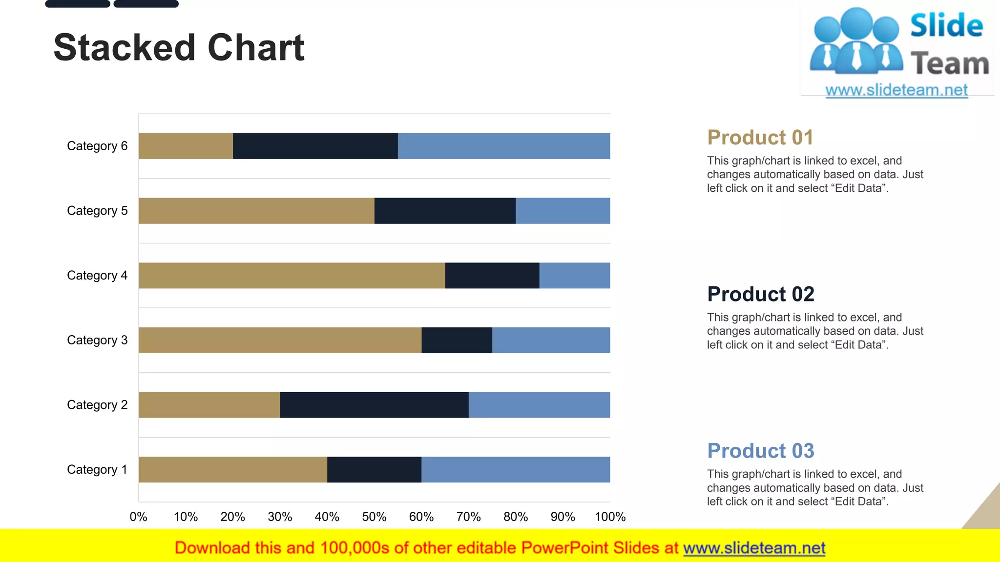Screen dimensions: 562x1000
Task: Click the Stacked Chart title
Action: coord(179,48)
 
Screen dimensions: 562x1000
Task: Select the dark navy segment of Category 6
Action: coord(315,146)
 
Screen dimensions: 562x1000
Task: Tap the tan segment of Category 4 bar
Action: coord(292,275)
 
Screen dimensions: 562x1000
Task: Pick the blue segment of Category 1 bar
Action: coord(515,469)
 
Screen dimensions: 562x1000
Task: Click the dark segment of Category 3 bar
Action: coord(457,340)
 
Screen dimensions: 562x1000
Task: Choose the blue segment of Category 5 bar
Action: coord(562,211)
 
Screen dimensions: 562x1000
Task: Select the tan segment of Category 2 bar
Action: coord(209,404)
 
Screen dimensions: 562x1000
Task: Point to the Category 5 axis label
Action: coord(97,211)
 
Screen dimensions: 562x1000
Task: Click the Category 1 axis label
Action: coord(97,469)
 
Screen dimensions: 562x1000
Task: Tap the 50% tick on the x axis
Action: coord(374,517)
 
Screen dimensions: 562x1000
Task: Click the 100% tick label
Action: coord(610,517)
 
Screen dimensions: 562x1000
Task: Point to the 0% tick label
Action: coord(138,517)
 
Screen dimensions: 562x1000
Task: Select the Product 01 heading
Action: coord(760,138)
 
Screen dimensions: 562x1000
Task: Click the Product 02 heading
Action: coord(760,294)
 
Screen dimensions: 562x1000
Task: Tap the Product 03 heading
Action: coord(760,451)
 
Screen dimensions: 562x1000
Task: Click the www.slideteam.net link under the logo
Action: coord(896,90)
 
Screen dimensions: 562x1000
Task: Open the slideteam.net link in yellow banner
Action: coord(754,548)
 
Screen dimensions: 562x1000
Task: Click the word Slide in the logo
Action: coord(946,25)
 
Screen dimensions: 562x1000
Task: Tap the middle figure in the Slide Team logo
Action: coord(856,41)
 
